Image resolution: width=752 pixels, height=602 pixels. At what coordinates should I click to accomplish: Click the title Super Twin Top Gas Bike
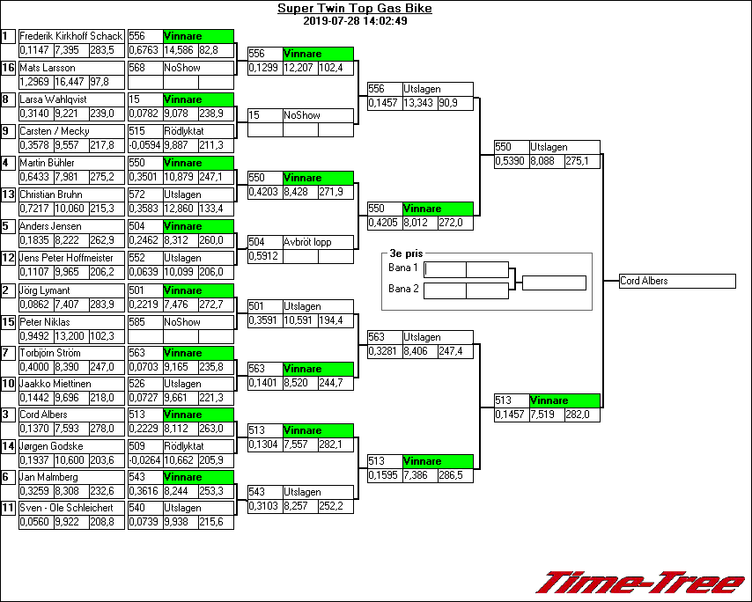tap(354, 9)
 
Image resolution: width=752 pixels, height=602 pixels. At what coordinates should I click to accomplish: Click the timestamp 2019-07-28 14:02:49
tap(354, 21)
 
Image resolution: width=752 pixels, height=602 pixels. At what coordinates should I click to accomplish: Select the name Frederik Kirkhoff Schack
tap(70, 36)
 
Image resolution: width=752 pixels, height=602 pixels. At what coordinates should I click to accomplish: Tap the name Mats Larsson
tap(48, 68)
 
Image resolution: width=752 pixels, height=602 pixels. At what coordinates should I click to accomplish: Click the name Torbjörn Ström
tap(50, 353)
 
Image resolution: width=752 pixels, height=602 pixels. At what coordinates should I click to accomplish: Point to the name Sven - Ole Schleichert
tap(66, 508)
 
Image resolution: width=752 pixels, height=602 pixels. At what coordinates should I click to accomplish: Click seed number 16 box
tap(9, 68)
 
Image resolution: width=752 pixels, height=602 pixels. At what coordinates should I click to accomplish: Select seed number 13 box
tap(9, 195)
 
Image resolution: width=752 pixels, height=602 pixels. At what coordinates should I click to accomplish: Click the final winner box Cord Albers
tap(675, 282)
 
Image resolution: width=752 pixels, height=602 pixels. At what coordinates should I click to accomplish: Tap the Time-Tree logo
tap(641, 583)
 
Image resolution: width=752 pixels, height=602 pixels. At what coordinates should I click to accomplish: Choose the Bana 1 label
tap(403, 268)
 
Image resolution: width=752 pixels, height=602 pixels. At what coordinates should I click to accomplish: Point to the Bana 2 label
tap(403, 289)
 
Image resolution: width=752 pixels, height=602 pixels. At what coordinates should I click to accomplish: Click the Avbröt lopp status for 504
tap(306, 242)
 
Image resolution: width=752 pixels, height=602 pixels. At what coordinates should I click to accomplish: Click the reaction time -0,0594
tap(144, 145)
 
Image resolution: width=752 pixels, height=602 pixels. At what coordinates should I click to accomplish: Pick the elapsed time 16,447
tap(70, 82)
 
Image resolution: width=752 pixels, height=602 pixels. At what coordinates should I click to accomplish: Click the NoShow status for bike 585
tap(182, 322)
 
